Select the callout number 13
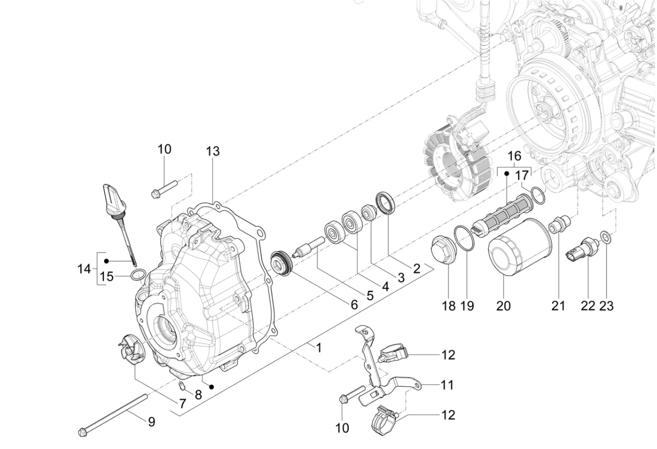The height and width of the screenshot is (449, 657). (x=213, y=152)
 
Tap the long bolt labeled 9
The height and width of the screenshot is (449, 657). (x=113, y=415)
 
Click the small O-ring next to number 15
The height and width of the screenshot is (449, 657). (x=138, y=274)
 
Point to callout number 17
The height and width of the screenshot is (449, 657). (x=522, y=175)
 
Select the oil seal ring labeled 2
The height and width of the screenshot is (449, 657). (x=385, y=203)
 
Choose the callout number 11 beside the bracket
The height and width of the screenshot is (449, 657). (x=447, y=385)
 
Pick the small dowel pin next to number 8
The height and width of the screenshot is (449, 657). (x=181, y=386)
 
